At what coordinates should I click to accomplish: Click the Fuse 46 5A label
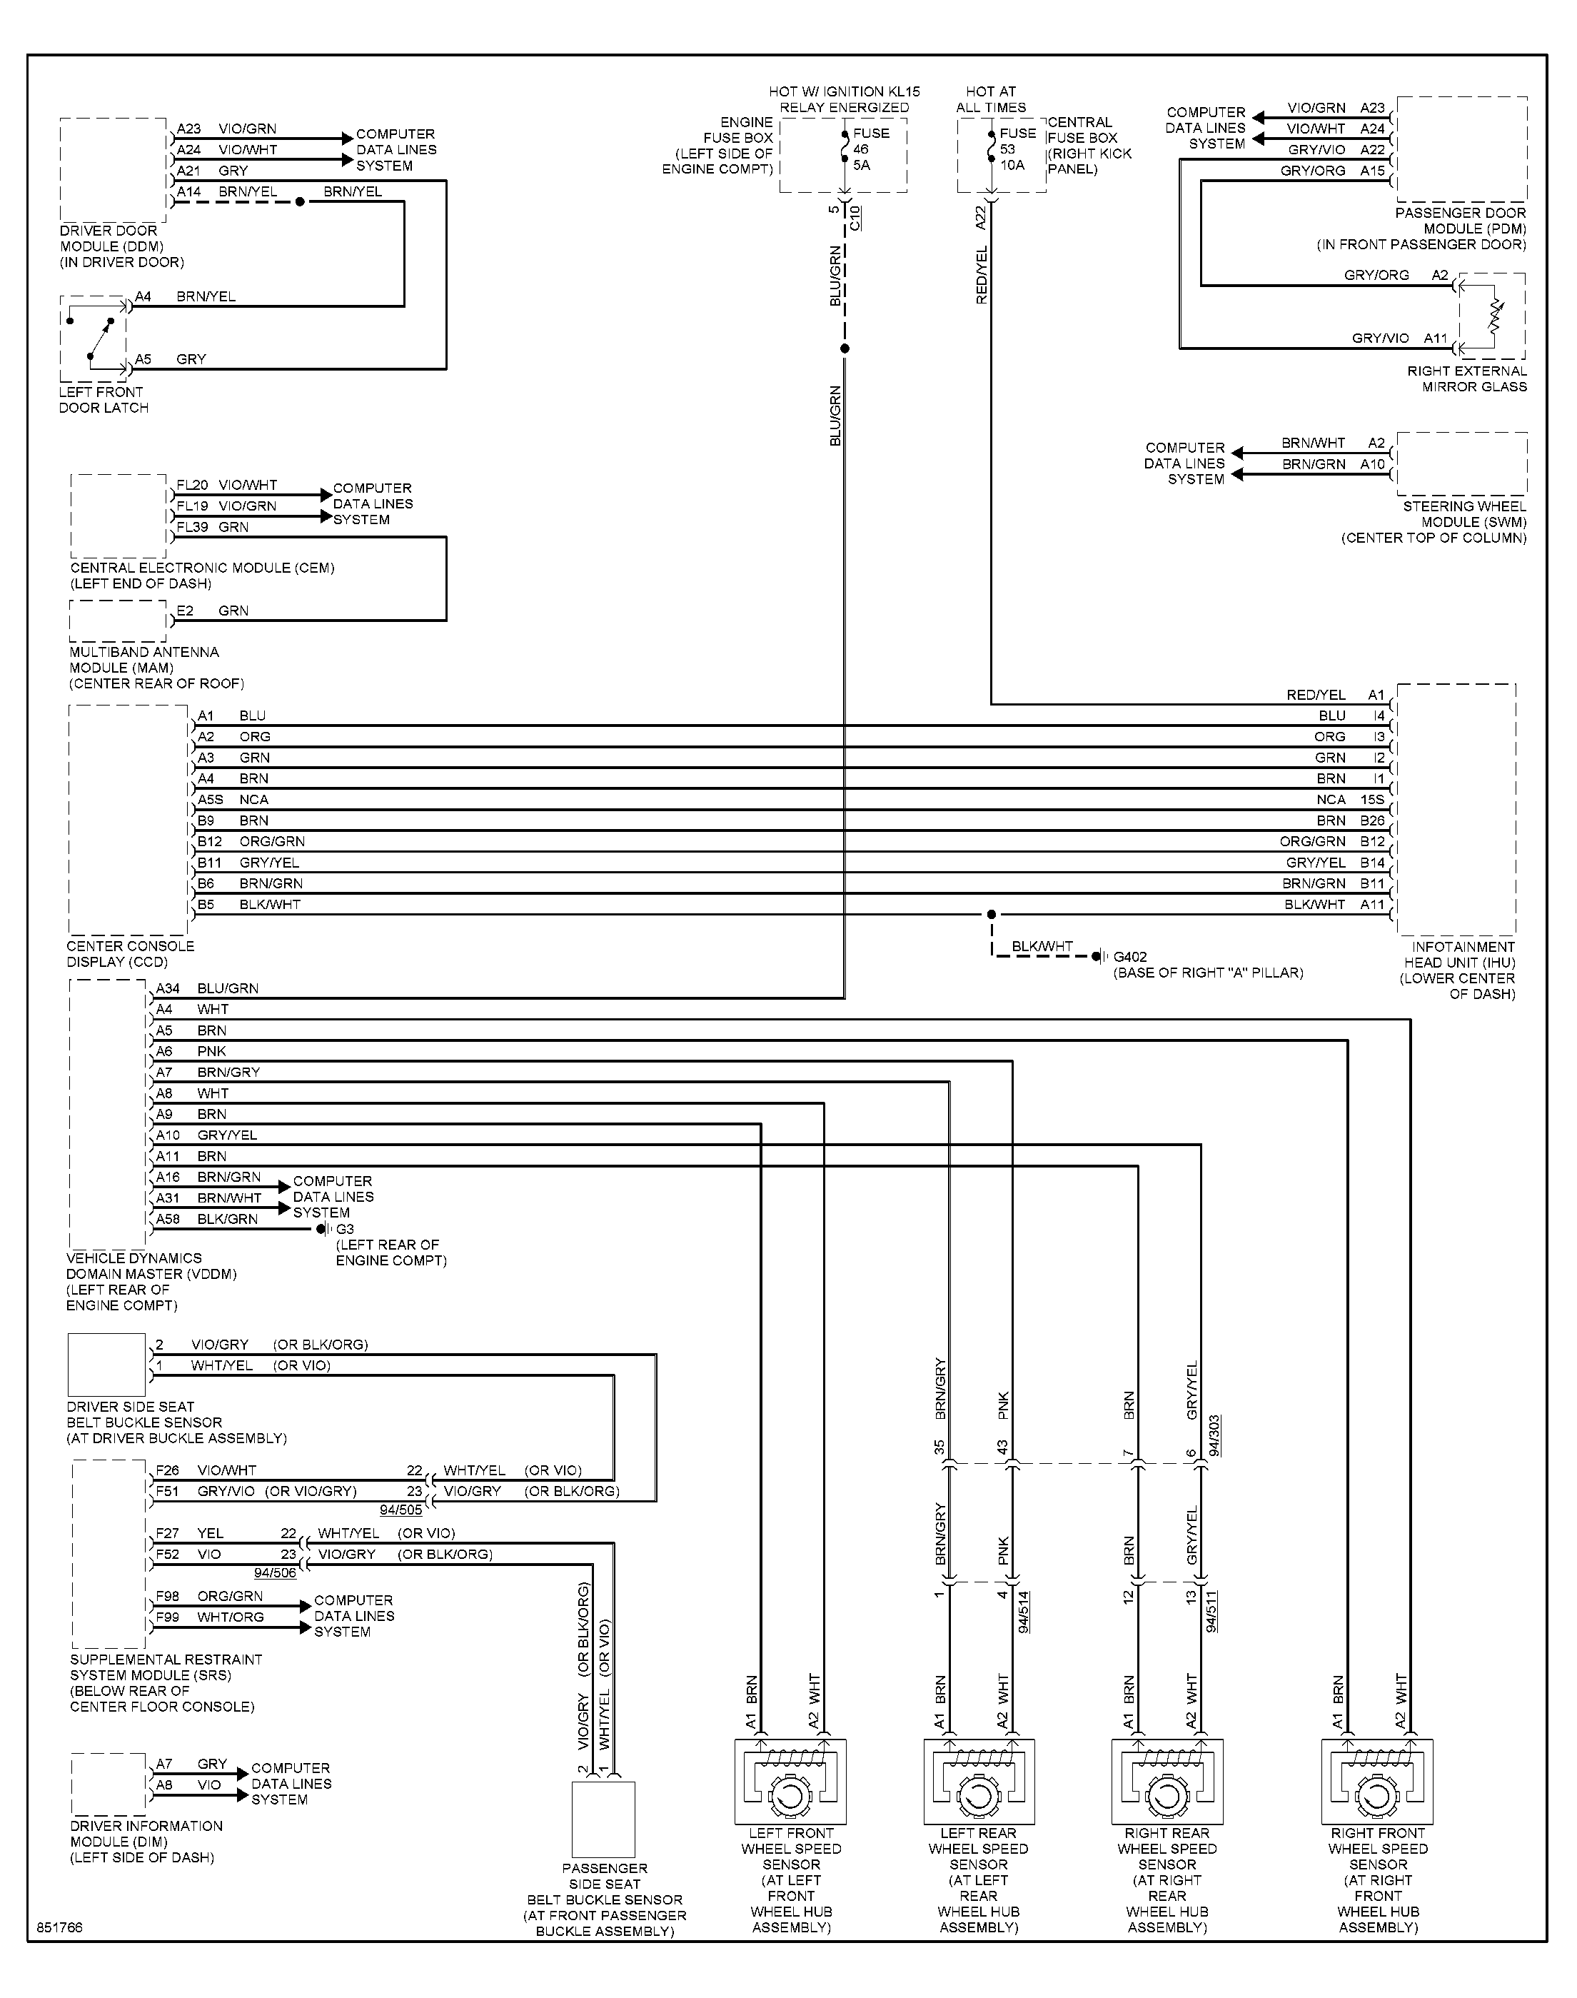(872, 149)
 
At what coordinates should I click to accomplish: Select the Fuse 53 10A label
(1017, 149)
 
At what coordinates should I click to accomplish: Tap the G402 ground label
(1130, 958)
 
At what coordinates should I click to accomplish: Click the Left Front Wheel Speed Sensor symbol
(790, 1782)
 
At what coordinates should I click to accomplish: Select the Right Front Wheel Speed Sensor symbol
(1378, 1782)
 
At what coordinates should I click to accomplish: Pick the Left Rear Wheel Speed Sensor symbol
(979, 1782)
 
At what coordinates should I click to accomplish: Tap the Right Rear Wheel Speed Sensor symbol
(1167, 1782)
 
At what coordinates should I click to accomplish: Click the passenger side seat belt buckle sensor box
(604, 1819)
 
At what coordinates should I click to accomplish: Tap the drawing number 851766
(60, 1929)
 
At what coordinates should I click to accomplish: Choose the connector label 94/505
(400, 1510)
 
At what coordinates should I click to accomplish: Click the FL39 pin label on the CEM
(192, 527)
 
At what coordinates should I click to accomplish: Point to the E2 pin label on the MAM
(185, 611)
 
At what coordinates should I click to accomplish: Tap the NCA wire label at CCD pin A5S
(254, 800)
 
